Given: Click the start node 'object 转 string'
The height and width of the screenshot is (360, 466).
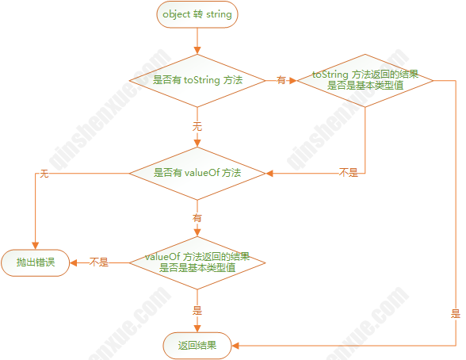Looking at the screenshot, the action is point(197,14).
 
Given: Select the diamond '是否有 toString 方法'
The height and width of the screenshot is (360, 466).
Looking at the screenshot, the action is point(197,80).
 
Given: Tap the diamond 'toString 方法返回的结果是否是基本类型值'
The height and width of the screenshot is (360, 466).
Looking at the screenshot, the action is point(365,80).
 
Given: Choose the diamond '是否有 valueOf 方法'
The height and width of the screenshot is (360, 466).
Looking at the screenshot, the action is point(197,173).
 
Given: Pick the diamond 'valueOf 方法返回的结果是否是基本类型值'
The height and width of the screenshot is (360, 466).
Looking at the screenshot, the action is point(197,262).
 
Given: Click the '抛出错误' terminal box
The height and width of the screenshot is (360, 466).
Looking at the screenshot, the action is point(36,262).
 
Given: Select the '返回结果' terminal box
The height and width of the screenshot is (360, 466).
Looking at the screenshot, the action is point(197,346).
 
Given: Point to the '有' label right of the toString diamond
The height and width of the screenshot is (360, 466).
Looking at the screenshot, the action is point(281,80).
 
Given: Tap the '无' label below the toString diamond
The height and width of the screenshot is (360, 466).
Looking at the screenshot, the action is point(197,126).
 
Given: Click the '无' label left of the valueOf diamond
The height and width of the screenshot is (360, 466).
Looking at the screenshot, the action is point(44,174).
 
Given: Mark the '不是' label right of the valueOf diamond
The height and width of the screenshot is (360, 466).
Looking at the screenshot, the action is point(349,172).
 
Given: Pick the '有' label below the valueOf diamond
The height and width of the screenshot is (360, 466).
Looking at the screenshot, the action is point(197,218).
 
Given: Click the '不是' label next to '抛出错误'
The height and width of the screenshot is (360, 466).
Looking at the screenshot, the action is point(99,262).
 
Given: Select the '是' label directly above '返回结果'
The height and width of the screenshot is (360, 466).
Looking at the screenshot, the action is point(197,311).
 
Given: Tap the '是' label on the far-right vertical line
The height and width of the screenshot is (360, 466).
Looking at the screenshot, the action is point(456,314).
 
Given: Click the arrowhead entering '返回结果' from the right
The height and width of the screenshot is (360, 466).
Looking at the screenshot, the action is point(235,346).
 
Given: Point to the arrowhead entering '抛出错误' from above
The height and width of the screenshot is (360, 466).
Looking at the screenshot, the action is point(36,246).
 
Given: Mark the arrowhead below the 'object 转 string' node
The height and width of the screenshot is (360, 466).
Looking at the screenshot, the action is point(197,50).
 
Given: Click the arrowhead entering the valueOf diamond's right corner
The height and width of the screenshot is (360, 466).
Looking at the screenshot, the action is point(269,173).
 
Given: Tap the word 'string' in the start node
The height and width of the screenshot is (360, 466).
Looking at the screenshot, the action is point(219,14).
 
